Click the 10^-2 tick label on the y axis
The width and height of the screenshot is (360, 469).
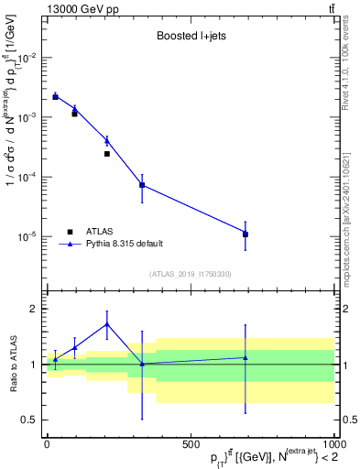26,58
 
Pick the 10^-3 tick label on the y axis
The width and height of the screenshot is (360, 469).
26,117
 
